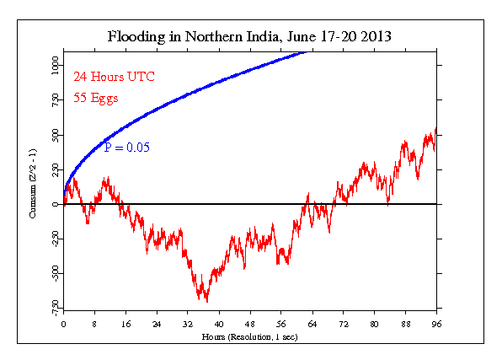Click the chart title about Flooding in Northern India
[250, 37]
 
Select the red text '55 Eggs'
[95, 98]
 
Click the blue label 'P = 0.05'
[126, 147]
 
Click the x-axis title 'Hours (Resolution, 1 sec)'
[250, 336]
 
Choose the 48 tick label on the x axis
[250, 323]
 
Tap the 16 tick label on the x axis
[125, 323]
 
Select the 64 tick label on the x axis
[312, 323]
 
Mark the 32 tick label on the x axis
[188, 323]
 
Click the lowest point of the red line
[206, 301]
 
